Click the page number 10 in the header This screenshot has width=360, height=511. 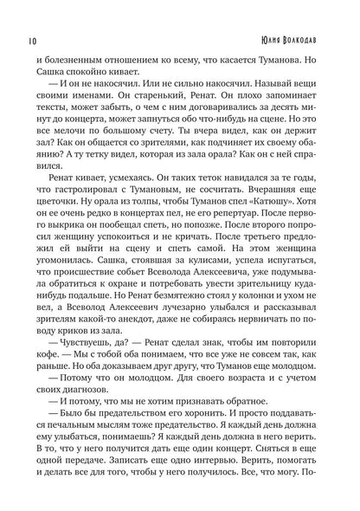20,42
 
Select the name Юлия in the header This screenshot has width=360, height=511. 271,42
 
